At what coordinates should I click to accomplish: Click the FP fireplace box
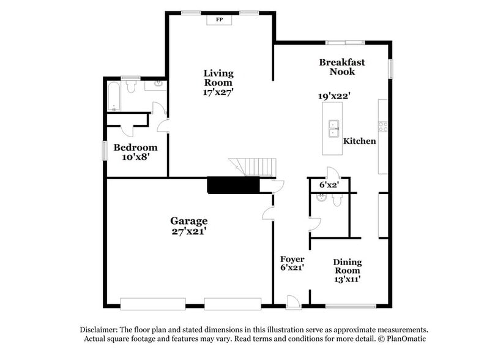tap(218, 20)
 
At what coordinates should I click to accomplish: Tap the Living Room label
tap(218, 78)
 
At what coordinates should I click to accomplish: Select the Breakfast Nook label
tap(342, 67)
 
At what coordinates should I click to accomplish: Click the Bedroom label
tap(135, 148)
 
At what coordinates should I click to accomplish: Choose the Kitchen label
tap(359, 141)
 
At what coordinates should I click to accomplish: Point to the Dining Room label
tap(347, 266)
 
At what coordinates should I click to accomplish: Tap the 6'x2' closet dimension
tap(329, 184)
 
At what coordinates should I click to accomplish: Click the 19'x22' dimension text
tap(333, 96)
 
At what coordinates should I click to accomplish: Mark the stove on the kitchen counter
tap(384, 127)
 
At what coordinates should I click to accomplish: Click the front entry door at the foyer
tap(294, 301)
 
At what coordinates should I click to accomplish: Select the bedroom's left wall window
tap(104, 149)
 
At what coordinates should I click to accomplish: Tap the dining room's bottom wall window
tap(346, 305)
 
